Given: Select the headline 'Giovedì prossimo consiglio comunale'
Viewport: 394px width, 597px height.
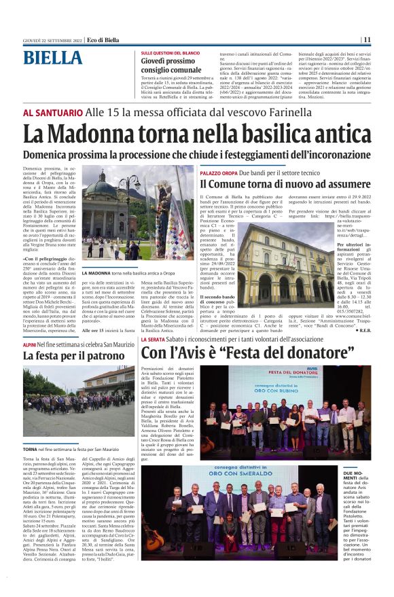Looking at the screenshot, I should coord(172,65).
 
